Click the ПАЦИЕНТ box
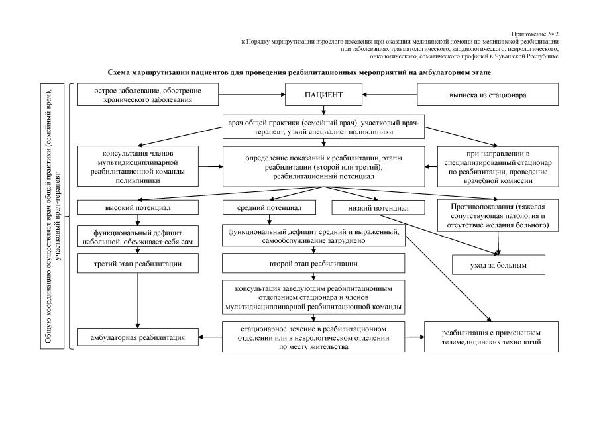click(323, 95)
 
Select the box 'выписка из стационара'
click(487, 95)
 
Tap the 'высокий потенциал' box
click(137, 207)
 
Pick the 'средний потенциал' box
click(270, 207)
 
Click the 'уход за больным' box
click(498, 264)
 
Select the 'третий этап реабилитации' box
click(137, 264)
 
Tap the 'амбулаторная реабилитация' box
click(138, 337)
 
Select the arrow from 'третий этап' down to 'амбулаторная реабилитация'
click(138, 299)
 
